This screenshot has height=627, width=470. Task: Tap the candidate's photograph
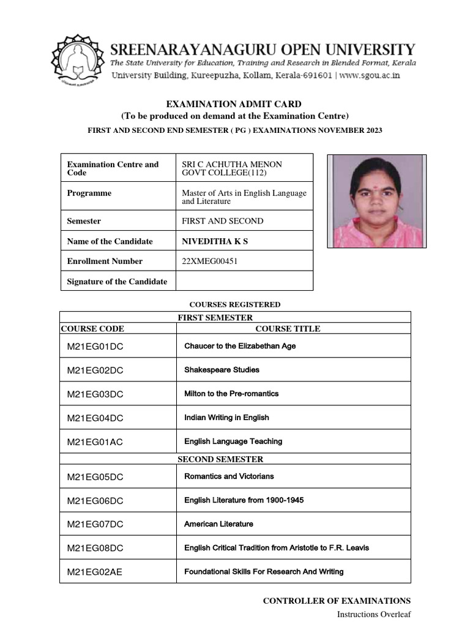(377, 201)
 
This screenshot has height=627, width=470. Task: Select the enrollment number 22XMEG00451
(210, 261)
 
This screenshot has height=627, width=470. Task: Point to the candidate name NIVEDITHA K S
(215, 241)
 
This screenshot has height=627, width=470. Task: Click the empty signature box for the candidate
(244, 282)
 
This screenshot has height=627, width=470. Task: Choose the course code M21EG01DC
(95, 347)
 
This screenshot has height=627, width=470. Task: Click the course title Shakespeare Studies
(222, 370)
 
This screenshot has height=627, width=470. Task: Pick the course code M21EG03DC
(95, 394)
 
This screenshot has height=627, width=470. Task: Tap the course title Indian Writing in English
(226, 418)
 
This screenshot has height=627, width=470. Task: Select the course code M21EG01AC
(95, 441)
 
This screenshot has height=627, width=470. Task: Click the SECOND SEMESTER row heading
(220, 459)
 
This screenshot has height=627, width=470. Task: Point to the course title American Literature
(218, 524)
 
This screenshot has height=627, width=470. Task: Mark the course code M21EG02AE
(95, 572)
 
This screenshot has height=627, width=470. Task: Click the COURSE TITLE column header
(288, 329)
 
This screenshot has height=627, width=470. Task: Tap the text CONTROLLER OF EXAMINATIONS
(337, 601)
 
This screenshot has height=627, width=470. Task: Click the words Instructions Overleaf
(374, 615)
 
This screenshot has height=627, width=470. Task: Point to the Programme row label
(89, 193)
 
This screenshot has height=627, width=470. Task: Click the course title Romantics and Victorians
(229, 476)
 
